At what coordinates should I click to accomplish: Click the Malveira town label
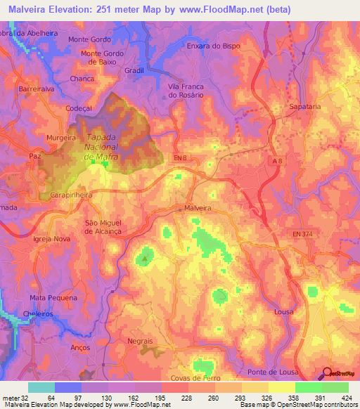tap(197, 208)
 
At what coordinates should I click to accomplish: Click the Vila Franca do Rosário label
tap(189, 91)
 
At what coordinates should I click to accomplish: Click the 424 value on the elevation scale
tap(347, 398)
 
